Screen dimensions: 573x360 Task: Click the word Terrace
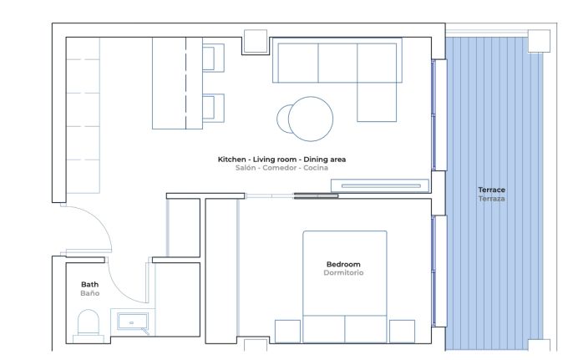coord(491,190)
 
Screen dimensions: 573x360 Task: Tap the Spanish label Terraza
coord(491,199)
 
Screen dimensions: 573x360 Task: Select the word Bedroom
coord(343,264)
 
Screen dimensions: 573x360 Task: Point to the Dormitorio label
coord(343,272)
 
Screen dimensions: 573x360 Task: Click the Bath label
coord(90,284)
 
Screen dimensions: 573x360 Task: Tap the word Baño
coord(90,293)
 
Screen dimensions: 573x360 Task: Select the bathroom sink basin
coord(132,322)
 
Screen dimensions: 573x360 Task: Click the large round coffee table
coord(311,119)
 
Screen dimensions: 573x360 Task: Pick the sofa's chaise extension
coord(377,102)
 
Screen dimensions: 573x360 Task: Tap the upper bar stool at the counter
coord(213,58)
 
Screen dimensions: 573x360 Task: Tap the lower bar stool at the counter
coord(213,108)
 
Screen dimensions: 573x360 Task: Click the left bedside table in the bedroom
coord(287,332)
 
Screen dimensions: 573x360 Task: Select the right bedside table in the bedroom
coord(402,332)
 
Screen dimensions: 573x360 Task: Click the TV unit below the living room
coord(380,185)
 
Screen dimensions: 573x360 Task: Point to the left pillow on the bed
coord(324,329)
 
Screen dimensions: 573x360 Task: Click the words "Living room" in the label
coord(275,160)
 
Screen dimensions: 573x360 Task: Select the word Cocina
coord(316,168)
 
